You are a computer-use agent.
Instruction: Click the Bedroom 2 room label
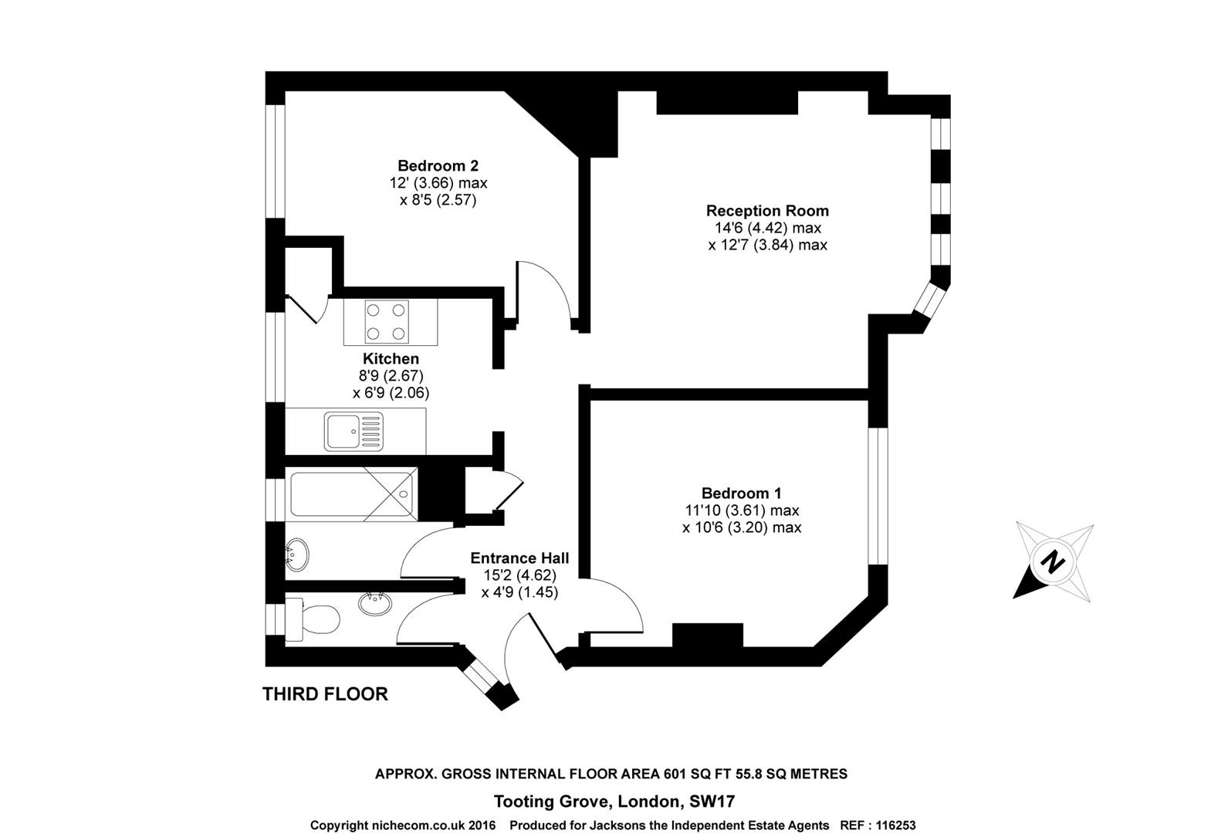coord(438,165)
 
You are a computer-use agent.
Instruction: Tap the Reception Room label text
coord(767,210)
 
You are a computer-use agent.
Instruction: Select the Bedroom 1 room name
coord(741,493)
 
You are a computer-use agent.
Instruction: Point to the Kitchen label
coord(391,358)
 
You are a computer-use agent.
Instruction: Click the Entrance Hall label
coord(519,558)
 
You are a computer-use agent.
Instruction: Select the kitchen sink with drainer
coord(353,431)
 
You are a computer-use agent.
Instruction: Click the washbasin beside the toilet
coord(375,603)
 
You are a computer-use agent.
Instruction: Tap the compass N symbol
coord(1051,561)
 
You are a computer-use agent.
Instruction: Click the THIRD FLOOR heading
coord(325,693)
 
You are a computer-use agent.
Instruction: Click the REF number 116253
coord(895,826)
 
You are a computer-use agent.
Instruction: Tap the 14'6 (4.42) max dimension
coord(767,228)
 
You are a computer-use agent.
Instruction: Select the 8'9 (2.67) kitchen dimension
coord(391,375)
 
